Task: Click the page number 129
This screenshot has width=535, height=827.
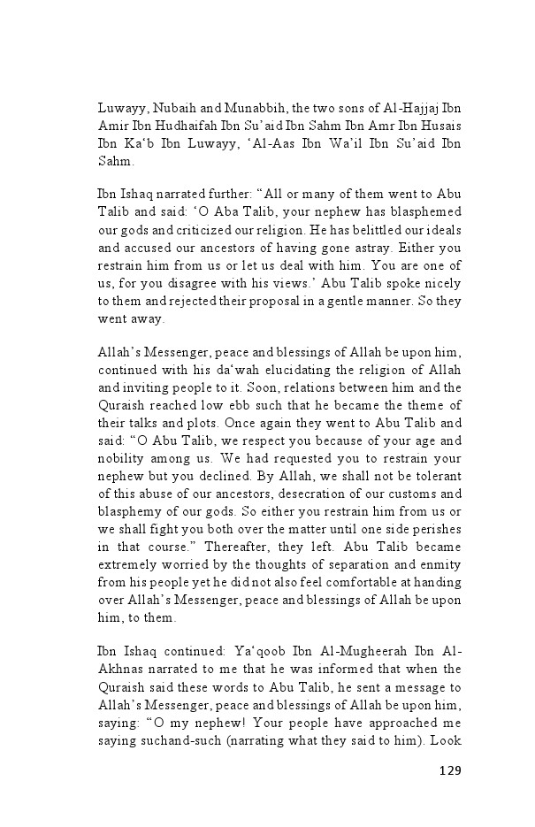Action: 449,770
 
